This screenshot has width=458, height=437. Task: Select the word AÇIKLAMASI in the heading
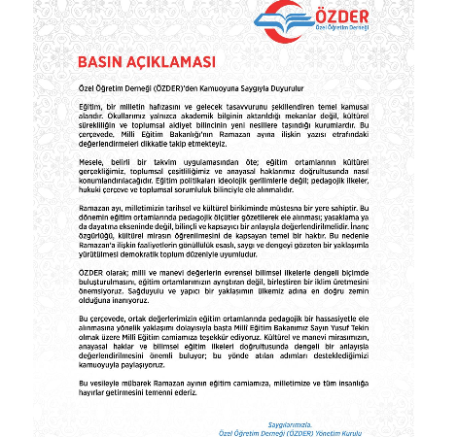[x=170, y=63]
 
